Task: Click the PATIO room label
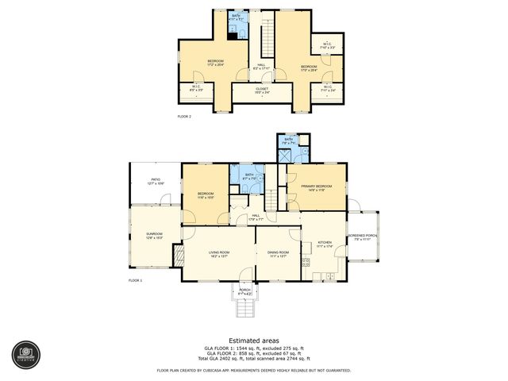[156, 181]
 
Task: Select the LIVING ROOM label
[219, 254]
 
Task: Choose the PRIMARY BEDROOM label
[317, 188]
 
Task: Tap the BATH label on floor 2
[237, 16]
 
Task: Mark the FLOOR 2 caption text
[184, 117]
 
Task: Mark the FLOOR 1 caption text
[135, 280]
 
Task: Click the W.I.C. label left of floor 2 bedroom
[196, 89]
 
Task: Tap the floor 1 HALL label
[256, 216]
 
